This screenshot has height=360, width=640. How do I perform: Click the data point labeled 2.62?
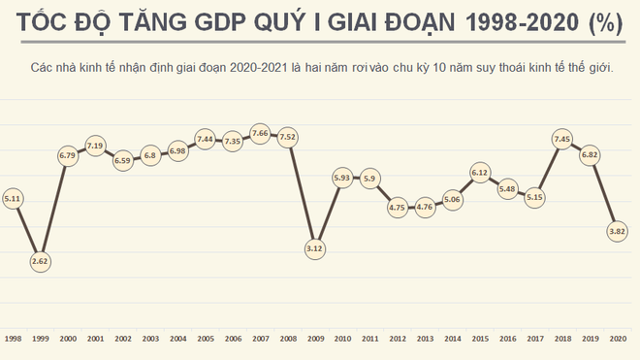coord(41,261)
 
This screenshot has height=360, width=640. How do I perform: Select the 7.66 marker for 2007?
coord(260,133)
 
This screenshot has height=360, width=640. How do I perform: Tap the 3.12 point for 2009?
coord(314,248)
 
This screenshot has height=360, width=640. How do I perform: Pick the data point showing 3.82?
coord(617,231)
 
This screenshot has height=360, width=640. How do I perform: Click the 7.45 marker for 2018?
coord(561,139)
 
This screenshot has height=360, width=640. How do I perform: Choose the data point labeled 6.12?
coord(479,173)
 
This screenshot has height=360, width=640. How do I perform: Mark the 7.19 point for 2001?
coord(95,146)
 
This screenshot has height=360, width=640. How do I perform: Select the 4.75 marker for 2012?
coord(397,207)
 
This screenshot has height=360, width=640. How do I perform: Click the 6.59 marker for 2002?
coord(122,161)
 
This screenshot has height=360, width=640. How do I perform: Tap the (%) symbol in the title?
coord(606,24)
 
